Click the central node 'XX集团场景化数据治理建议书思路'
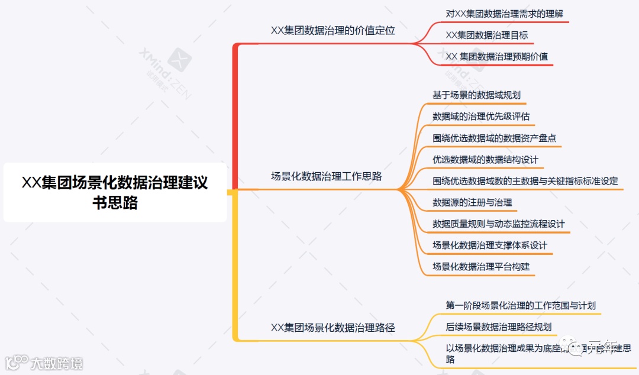pos(115,192)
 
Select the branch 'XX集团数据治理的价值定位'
pos(333,31)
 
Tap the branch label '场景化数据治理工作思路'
pos(326,176)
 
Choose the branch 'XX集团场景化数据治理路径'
pos(333,327)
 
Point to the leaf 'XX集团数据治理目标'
pos(486,35)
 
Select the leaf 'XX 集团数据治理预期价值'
pos(496,57)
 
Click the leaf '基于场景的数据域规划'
pos(476,95)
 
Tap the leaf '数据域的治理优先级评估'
pos(481,117)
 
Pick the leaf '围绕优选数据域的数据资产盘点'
pos(494,138)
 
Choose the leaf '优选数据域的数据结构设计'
pos(485,160)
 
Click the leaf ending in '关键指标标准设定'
pos(525,181)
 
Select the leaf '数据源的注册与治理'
pos(472,202)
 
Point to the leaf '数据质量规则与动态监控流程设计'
pos(498,224)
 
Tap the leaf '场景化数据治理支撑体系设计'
pos(490,245)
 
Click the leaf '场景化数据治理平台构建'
pos(481,266)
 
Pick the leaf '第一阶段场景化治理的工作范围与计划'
pos(520,305)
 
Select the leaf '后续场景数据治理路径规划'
pos(498,326)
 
